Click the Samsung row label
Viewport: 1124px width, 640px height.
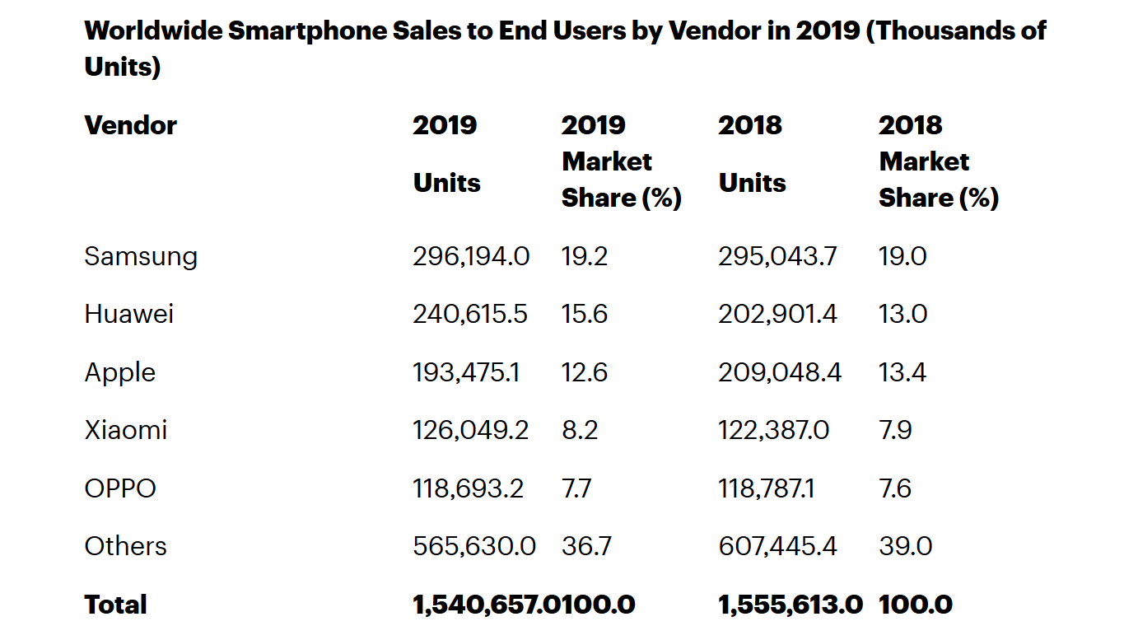[141, 257]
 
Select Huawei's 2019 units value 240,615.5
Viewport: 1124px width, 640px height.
[470, 314]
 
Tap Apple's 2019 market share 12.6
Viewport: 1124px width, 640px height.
[585, 372]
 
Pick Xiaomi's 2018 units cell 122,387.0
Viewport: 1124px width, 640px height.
[774, 430]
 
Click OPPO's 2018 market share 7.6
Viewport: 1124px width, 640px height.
[895, 488]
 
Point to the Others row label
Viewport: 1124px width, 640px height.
[125, 546]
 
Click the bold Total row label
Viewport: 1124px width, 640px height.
[115, 605]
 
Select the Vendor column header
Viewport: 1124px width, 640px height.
[131, 125]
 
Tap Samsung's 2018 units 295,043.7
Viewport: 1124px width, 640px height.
[777, 256]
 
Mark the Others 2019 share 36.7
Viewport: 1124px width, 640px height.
[586, 546]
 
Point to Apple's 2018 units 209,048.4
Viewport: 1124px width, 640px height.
[780, 372]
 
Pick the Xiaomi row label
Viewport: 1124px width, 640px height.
[126, 430]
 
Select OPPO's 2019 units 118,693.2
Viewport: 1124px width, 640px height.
[468, 488]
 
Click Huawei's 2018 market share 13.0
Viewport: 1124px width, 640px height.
[902, 314]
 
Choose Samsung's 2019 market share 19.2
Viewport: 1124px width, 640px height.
[585, 256]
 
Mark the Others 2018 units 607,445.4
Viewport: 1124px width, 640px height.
[778, 546]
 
